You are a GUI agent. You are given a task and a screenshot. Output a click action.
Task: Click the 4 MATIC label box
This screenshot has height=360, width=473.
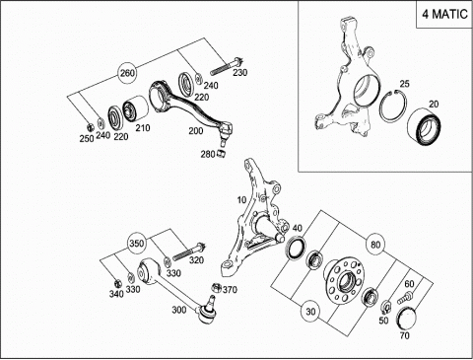(444, 14)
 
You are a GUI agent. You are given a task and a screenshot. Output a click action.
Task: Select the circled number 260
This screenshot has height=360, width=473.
(127, 73)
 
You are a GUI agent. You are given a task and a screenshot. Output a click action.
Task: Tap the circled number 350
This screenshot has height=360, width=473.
(136, 244)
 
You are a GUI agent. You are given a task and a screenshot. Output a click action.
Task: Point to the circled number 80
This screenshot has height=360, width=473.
(375, 245)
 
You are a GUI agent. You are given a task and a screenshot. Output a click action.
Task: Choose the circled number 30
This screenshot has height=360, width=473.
(310, 312)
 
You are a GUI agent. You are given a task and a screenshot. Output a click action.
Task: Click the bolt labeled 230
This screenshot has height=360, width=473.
(227, 66)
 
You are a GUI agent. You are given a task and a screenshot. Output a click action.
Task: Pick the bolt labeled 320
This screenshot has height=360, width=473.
(189, 252)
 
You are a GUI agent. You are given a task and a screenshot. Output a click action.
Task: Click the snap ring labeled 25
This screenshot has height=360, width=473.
(393, 106)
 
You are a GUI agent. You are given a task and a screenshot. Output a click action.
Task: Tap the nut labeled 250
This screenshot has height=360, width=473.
(90, 126)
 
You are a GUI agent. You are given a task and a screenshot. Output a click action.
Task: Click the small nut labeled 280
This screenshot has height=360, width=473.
(222, 153)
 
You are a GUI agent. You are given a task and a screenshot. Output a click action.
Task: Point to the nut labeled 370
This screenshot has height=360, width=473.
(217, 287)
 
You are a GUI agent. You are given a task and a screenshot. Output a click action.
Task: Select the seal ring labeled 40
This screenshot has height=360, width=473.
(297, 249)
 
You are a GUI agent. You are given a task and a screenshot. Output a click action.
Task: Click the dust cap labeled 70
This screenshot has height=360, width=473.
(407, 319)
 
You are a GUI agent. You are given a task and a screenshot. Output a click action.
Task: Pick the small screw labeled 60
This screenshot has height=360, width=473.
(405, 298)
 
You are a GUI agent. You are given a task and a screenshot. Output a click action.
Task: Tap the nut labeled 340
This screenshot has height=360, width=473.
(116, 282)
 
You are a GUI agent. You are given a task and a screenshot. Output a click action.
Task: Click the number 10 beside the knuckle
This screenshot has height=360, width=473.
(241, 199)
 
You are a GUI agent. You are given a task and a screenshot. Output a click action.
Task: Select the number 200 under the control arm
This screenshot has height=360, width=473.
(196, 131)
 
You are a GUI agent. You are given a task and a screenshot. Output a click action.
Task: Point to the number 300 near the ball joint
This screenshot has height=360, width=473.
(179, 310)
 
